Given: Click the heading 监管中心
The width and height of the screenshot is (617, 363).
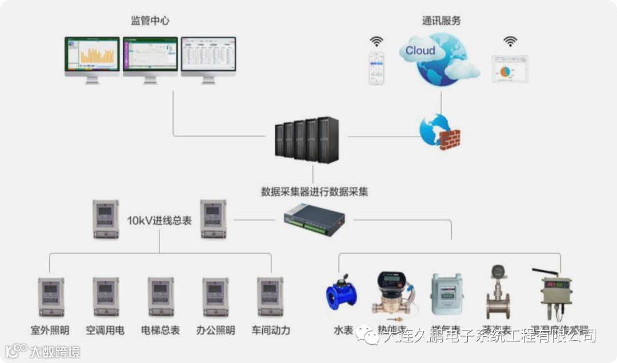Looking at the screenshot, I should coord(150,21).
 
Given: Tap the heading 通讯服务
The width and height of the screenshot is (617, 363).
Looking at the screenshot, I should coord(441,21).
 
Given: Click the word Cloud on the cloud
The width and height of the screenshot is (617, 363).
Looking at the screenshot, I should coord(420,51).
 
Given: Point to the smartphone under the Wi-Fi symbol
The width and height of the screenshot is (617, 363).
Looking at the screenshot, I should coord(376,68).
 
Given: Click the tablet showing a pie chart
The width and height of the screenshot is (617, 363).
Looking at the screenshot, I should coord(510,69).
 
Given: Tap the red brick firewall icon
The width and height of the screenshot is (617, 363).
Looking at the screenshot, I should coord(450,139).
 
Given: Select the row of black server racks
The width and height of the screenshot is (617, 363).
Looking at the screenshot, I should coord(306,139).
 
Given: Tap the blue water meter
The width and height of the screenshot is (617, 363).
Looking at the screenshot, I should coord(342,293).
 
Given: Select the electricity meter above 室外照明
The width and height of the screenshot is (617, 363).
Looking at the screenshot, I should coord(51,297).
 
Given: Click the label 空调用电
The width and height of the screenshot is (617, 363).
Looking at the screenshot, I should coord(105,330).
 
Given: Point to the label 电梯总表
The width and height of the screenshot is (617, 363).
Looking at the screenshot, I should coord(161,330).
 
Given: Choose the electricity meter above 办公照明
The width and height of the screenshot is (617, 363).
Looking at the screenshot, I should coord(215,297).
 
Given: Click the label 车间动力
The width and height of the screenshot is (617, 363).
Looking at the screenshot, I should coord(271,330).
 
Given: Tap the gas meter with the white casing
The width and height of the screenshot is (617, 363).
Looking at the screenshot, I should coord(446,294).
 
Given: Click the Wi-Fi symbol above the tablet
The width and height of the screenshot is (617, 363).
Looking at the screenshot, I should coord(510,41).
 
